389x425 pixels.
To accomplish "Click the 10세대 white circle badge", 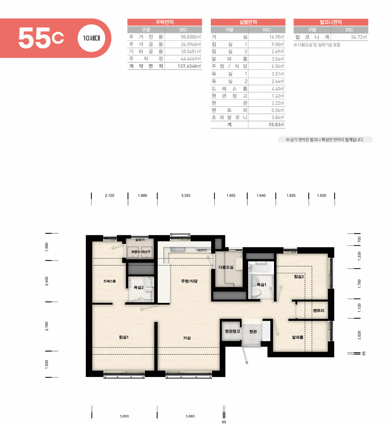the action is (x=91, y=38).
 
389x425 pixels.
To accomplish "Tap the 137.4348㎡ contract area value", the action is (x=189, y=66).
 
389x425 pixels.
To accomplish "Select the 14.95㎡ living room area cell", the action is (x=277, y=37).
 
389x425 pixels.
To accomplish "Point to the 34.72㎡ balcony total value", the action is (x=359, y=37).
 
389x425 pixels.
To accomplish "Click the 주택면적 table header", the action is (x=165, y=22).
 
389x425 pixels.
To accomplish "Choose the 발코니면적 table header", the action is (x=331, y=22).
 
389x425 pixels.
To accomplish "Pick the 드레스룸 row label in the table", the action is (x=229, y=89).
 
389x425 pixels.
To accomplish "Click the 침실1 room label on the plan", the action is (x=124, y=337).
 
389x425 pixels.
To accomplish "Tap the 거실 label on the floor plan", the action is (x=187, y=338).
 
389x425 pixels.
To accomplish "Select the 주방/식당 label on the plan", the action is (x=189, y=281).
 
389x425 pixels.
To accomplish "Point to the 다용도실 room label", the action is (x=226, y=267).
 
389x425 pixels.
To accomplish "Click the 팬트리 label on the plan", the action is (x=318, y=311).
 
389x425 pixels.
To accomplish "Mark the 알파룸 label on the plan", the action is (x=298, y=337).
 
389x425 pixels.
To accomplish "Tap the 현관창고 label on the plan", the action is (x=232, y=331).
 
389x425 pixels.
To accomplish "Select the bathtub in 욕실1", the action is (x=260, y=267).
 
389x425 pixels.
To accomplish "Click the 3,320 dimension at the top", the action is (x=186, y=195).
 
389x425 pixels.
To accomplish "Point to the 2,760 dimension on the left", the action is (x=47, y=326).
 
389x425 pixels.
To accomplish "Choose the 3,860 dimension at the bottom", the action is (x=190, y=416).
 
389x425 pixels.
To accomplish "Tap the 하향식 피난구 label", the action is (x=141, y=252).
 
